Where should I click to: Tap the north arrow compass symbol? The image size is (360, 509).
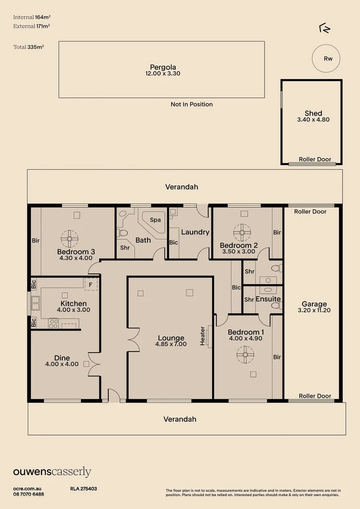click(x=325, y=29)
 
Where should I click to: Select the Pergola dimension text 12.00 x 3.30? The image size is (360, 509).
click(x=163, y=74)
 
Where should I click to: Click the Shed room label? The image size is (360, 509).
click(x=313, y=113)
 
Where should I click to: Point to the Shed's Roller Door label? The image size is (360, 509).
click(x=315, y=159)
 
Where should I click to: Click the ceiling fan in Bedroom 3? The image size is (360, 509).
click(x=69, y=238)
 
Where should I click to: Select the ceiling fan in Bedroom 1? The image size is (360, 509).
click(x=245, y=354)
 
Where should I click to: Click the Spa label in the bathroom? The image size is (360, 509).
click(x=155, y=220)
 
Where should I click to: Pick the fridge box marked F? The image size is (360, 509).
click(x=90, y=285)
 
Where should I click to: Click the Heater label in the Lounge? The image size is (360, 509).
click(x=203, y=336)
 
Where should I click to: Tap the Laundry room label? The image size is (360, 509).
click(x=195, y=232)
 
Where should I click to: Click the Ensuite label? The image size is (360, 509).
click(x=268, y=299)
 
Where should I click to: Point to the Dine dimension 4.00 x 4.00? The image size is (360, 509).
click(x=62, y=364)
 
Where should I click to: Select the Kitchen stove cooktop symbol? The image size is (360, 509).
click(x=54, y=323)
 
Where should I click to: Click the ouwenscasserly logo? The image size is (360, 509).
click(x=52, y=472)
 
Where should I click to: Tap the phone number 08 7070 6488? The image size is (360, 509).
click(x=29, y=494)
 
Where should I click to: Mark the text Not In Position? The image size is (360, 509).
click(x=192, y=104)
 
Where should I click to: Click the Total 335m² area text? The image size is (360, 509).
click(x=29, y=47)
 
